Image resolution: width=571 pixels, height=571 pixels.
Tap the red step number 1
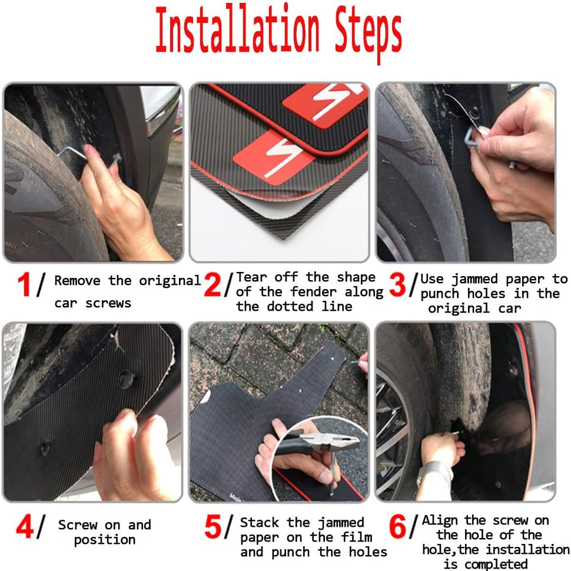pos(24,284)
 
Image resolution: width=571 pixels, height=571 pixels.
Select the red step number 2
pos(213,284)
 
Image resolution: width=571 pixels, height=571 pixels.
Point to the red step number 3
pos(397,284)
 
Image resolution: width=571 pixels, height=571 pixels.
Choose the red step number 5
pos(213,526)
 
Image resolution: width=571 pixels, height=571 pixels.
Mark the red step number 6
pos(398,526)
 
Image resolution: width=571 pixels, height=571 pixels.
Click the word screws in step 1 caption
pos(108,303)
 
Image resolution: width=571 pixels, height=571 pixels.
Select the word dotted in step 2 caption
pos(290,306)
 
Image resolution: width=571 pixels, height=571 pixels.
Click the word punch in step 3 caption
pos(440,294)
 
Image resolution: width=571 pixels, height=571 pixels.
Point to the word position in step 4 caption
pos(105,540)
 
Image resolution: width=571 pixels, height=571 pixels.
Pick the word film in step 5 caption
pos(357,537)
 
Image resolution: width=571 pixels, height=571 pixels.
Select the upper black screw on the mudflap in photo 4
pos(127,380)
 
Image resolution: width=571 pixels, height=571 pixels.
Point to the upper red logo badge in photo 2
pos(325,105)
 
